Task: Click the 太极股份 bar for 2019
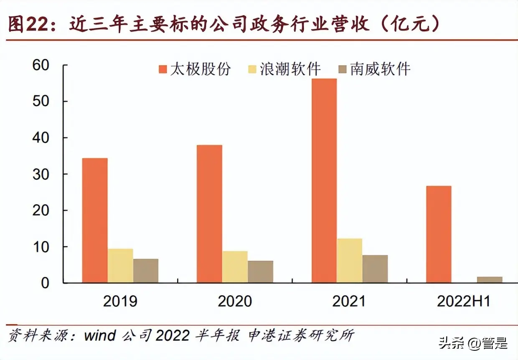pyautogui.click(x=95, y=221)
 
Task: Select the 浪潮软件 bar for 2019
pyautogui.click(x=120, y=266)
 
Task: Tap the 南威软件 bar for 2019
pyautogui.click(x=146, y=271)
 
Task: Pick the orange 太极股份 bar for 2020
pyautogui.click(x=209, y=214)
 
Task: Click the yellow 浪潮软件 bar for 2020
pyautogui.click(x=235, y=267)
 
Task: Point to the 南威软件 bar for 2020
pyautogui.click(x=260, y=272)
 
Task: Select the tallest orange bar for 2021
pyautogui.click(x=324, y=181)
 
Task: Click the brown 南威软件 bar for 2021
pyautogui.click(x=375, y=269)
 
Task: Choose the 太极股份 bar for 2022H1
pyautogui.click(x=439, y=234)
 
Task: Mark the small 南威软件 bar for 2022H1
pyautogui.click(x=490, y=280)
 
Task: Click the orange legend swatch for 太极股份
pyautogui.click(x=163, y=69)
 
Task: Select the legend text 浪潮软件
pyautogui.click(x=291, y=69)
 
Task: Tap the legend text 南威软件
pyautogui.click(x=380, y=69)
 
